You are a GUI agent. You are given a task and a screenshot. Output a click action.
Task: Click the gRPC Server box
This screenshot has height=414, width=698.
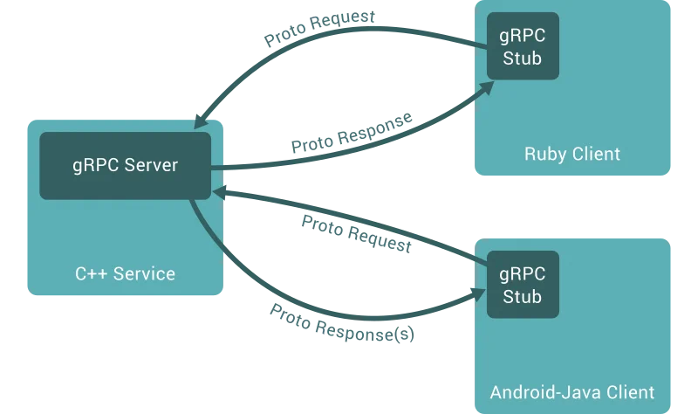[125, 165]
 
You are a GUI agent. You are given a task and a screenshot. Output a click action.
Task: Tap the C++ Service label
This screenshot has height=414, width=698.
[125, 273]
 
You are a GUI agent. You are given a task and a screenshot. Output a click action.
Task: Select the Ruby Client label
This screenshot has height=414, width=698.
[572, 155]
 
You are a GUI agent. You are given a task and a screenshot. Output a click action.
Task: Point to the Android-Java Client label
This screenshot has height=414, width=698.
[572, 392]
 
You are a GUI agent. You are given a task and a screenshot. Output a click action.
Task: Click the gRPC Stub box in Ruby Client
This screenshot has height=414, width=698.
[523, 46]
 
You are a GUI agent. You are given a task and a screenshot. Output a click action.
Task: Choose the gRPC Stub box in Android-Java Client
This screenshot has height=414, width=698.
[523, 284]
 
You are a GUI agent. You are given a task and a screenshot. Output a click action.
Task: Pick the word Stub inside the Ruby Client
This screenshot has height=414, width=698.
[523, 59]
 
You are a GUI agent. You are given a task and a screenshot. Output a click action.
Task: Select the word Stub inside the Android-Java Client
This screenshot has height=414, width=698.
[523, 296]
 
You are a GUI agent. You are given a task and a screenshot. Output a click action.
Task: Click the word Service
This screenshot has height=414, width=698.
[144, 273]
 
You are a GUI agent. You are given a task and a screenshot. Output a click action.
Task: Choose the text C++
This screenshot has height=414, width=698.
[90, 273]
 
